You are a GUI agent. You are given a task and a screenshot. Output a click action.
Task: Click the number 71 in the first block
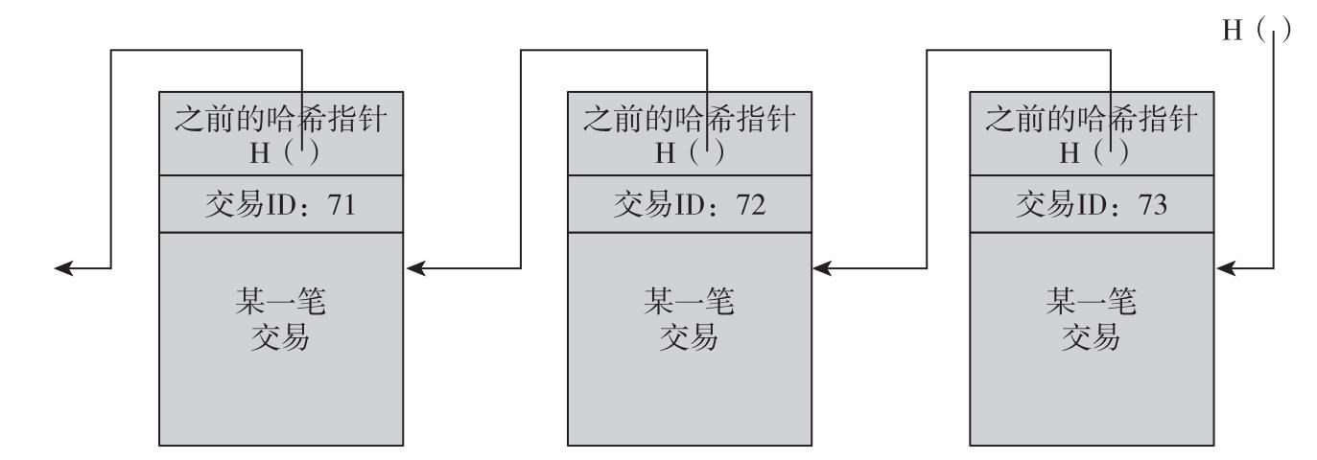coord(342,204)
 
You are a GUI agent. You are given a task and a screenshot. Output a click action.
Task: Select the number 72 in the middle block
coord(751,204)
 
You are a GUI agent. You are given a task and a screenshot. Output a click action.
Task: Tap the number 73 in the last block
coord(1152,204)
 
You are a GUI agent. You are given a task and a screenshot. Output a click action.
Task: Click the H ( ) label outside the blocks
coord(1257,30)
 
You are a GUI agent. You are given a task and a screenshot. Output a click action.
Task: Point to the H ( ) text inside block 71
coord(284,152)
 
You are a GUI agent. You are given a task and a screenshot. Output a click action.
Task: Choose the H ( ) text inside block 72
coord(689,152)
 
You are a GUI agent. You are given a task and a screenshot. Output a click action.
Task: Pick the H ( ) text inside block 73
coord(1094,152)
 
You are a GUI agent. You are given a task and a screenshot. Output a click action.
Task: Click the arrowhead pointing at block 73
coord(1225,269)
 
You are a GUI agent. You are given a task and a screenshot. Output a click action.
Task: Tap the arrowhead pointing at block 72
coord(822,269)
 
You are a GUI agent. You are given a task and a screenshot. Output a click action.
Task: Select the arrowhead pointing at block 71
coord(415,269)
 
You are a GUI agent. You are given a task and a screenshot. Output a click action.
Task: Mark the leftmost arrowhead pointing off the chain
coord(63,269)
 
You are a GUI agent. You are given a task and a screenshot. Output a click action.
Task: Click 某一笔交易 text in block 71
coord(280,319)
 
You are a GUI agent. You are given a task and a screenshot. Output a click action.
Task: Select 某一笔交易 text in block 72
coord(689,319)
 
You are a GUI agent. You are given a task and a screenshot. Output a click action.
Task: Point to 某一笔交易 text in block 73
coord(1092,319)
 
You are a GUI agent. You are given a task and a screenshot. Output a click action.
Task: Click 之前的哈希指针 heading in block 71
coord(280,119)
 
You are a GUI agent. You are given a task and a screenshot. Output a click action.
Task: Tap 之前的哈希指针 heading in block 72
coord(689,119)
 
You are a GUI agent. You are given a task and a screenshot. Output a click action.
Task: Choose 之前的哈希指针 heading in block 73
coord(1092,119)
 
